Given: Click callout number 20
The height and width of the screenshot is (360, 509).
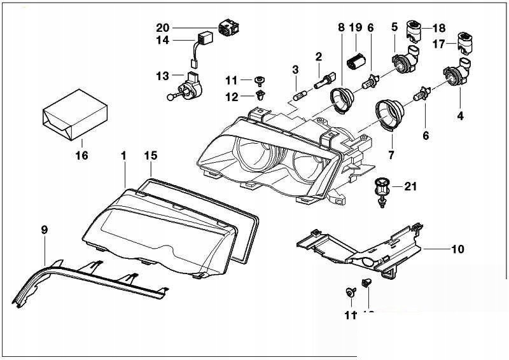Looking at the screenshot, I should point(164,27).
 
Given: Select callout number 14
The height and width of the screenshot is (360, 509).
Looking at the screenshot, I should point(164,40).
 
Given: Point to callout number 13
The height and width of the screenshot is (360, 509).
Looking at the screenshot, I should point(163,76).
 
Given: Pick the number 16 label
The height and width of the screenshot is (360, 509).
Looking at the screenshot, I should point(81,155).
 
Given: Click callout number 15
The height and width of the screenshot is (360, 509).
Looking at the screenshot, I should point(150,155).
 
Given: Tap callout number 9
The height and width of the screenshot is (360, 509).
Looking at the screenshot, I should point(45,230).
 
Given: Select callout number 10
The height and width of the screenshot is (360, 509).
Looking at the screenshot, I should point(457,249).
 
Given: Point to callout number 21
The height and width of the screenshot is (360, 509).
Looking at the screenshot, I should point(410,186).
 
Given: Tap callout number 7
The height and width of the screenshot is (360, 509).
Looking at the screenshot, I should point(391,155).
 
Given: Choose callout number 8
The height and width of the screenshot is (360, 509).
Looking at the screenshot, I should point(341,27).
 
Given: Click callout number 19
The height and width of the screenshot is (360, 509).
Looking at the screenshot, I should point(356,27).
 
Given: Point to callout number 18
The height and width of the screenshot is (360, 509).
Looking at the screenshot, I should point(440,28).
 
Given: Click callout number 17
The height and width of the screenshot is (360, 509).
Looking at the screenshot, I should point(439,45).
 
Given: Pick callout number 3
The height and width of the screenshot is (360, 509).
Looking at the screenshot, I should point(295,69).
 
